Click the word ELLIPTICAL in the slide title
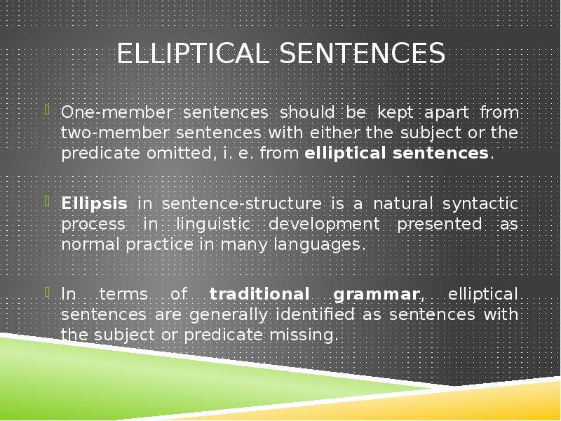(x=192, y=54)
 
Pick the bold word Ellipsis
(x=94, y=204)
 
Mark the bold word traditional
(x=259, y=294)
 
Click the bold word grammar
(x=378, y=294)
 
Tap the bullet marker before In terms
(x=48, y=292)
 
